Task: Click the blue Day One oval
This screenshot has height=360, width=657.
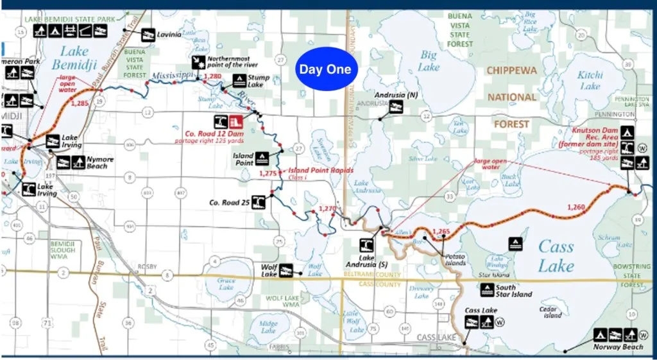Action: pyautogui.click(x=325, y=69)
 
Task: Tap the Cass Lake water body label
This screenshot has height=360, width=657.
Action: pyautogui.click(x=556, y=255)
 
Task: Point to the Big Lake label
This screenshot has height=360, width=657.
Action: pyautogui.click(x=429, y=62)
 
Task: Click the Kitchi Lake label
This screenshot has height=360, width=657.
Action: pyautogui.click(x=590, y=80)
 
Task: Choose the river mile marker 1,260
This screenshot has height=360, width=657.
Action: pyautogui.click(x=576, y=207)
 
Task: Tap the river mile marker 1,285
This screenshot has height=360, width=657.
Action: pyautogui.click(x=80, y=103)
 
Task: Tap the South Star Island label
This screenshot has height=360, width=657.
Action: pyautogui.click(x=515, y=291)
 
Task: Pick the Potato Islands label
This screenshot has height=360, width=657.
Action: pyautogui.click(x=456, y=259)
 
